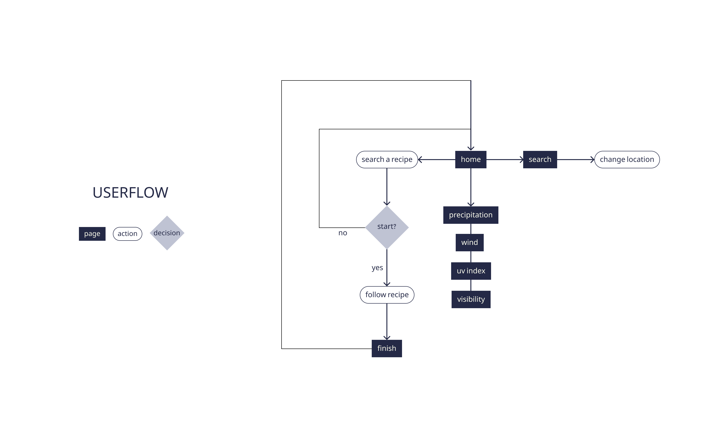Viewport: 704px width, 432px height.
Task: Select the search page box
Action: (540, 159)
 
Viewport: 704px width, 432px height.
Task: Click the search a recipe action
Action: (387, 159)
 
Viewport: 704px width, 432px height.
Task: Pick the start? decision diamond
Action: (387, 227)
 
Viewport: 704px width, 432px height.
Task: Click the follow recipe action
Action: (387, 295)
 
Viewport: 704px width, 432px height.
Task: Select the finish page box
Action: (386, 348)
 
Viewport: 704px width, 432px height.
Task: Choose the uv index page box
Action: (471, 271)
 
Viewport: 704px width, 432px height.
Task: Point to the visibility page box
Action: (471, 299)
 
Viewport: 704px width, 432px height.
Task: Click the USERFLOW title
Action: (130, 193)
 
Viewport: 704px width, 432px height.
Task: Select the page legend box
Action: (92, 234)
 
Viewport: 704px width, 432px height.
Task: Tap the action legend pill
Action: (128, 234)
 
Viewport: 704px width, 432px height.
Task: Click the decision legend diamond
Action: (167, 233)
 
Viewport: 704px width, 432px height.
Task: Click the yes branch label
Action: (377, 268)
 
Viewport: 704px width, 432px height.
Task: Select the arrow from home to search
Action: (505, 159)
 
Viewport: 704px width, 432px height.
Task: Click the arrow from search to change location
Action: (575, 159)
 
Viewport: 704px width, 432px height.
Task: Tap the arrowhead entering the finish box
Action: (387, 338)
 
